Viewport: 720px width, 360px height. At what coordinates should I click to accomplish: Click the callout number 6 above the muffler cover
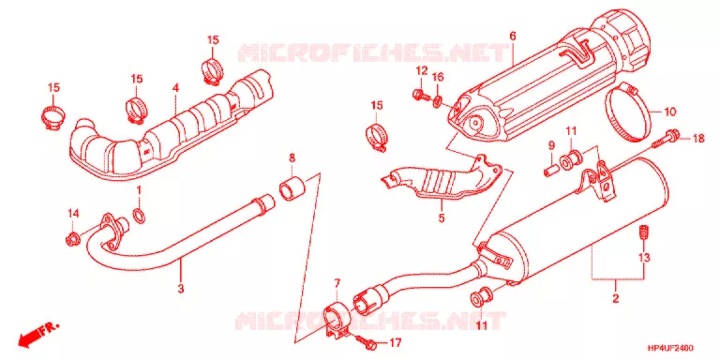pyautogui.click(x=513, y=36)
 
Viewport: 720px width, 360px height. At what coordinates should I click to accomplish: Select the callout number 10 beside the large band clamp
pyautogui.click(x=670, y=112)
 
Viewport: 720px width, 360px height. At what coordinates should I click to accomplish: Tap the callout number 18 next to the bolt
pyautogui.click(x=697, y=138)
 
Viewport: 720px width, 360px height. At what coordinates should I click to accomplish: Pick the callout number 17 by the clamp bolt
pyautogui.click(x=396, y=342)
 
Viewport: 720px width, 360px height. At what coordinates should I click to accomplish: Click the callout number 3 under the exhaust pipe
pyautogui.click(x=181, y=290)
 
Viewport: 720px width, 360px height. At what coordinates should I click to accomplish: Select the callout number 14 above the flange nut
pyautogui.click(x=73, y=213)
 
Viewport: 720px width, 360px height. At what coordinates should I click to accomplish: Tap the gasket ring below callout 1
pyautogui.click(x=140, y=216)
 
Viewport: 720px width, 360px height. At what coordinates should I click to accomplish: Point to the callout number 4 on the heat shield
pyautogui.click(x=175, y=87)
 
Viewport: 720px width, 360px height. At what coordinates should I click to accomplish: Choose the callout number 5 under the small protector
pyautogui.click(x=442, y=218)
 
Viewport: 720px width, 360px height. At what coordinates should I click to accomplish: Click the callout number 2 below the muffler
pyautogui.click(x=616, y=298)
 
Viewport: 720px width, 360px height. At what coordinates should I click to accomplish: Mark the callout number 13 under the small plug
pyautogui.click(x=645, y=258)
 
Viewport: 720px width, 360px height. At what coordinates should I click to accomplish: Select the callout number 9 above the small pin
pyautogui.click(x=552, y=145)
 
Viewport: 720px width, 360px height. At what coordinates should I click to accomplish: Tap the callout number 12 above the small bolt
pyautogui.click(x=422, y=70)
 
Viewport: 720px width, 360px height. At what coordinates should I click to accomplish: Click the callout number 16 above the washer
pyautogui.click(x=438, y=77)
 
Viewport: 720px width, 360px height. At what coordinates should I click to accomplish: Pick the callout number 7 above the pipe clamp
pyautogui.click(x=337, y=283)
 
